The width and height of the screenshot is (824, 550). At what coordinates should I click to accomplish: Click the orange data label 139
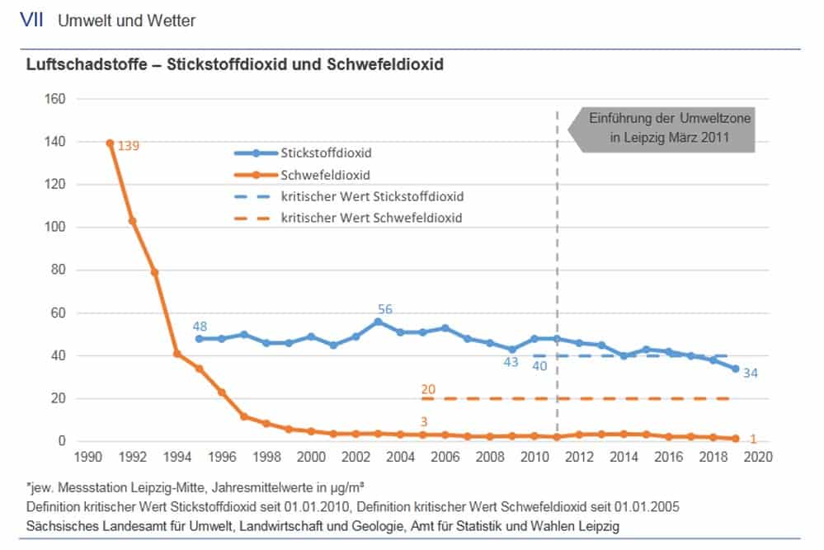[x=129, y=145]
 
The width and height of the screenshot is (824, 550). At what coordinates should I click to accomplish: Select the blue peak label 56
[x=384, y=309]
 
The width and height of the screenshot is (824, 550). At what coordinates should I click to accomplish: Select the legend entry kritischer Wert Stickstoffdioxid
[x=372, y=197]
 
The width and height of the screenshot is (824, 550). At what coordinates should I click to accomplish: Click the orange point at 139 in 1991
[x=110, y=143]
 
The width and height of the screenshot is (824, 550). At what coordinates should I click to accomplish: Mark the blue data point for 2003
[x=378, y=322]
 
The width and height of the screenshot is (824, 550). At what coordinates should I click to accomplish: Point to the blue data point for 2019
[x=735, y=369]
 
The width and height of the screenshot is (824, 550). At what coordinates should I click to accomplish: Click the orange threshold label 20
[x=428, y=389]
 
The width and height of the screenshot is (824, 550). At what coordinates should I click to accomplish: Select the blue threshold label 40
[x=540, y=366]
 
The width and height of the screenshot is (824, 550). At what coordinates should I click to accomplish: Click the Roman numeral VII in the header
[x=32, y=21]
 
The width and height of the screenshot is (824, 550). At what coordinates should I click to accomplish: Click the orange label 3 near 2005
[x=424, y=422]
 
